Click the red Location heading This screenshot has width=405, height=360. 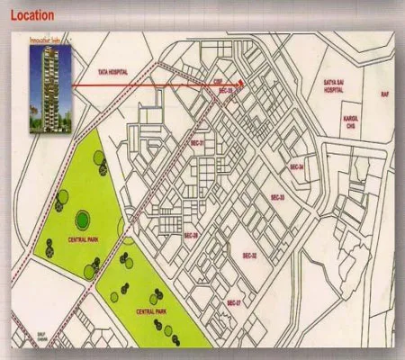click(x=31, y=15)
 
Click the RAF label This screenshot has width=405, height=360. click(x=385, y=94)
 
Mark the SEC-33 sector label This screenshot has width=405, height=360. click(x=276, y=197)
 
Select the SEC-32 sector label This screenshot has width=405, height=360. click(x=249, y=256)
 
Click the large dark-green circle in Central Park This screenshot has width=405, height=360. click(x=82, y=218)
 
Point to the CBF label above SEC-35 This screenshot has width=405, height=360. click(x=219, y=78)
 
